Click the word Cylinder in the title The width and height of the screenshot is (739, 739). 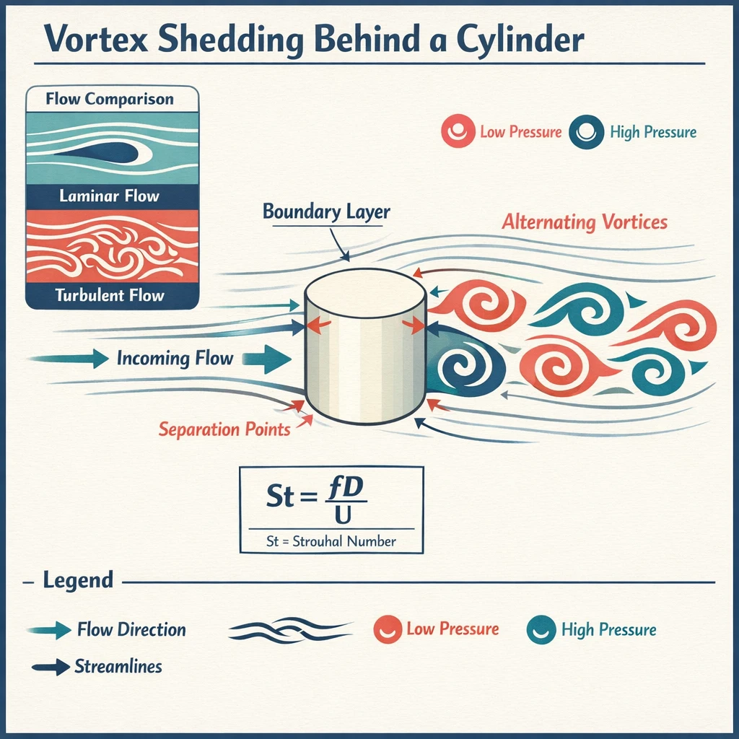click(513, 40)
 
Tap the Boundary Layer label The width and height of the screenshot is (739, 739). click(326, 212)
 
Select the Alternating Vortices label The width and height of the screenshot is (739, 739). click(585, 222)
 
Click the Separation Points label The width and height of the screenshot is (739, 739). click(224, 429)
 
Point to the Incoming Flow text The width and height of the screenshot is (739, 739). click(175, 358)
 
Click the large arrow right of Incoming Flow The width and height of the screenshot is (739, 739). click(268, 359)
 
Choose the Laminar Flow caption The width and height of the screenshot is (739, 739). click(110, 196)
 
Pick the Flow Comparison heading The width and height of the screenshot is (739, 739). click(110, 99)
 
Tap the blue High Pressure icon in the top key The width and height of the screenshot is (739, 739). click(585, 133)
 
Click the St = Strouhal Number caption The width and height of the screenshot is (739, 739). click(331, 541)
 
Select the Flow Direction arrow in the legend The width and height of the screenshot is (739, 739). click(52, 630)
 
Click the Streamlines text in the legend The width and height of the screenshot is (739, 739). click(118, 666)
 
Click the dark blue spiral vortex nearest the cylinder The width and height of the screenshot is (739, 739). click(462, 367)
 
